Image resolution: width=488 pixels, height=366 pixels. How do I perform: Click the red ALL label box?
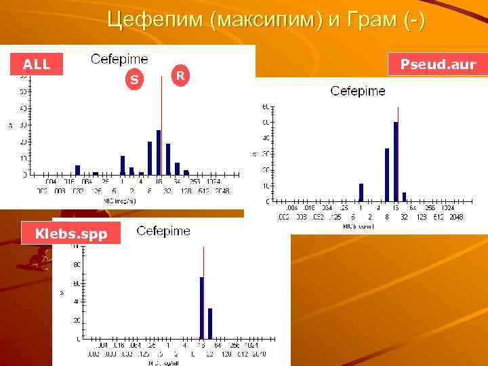tap(37, 64)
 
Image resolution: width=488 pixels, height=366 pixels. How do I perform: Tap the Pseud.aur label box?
tap(438, 65)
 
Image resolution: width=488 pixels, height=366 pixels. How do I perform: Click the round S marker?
tap(134, 79)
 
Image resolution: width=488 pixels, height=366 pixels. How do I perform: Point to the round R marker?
tap(180, 75)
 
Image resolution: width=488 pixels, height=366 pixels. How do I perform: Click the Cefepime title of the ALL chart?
tap(119, 59)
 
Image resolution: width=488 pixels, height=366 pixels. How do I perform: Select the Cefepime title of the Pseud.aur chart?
tap(358, 91)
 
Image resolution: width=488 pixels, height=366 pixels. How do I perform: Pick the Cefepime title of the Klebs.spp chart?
tap(163, 231)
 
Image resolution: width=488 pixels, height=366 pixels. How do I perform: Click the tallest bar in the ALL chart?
tap(159, 152)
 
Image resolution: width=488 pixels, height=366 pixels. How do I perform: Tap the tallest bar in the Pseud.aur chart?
tap(396, 161)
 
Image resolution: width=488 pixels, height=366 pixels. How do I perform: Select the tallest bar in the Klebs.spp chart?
tap(201, 307)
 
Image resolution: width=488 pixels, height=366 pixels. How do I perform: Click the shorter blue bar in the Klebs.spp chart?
tap(210, 323)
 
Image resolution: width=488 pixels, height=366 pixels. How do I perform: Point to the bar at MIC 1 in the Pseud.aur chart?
tap(361, 192)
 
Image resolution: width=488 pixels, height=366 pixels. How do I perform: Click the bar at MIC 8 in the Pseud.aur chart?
tap(387, 175)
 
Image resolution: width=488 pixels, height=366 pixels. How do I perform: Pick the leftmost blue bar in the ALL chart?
tap(77, 170)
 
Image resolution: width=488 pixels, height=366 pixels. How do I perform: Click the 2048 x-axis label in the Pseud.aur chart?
tap(456, 217)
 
